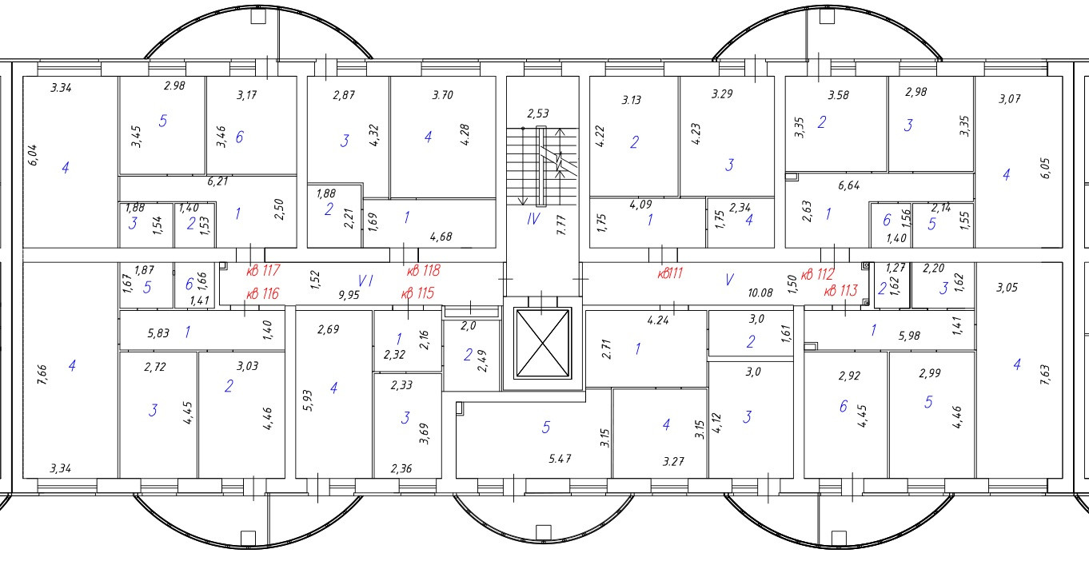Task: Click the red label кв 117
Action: (262, 272)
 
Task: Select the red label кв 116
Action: (262, 294)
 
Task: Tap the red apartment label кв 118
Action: (424, 272)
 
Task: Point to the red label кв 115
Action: (417, 294)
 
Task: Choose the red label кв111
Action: (670, 273)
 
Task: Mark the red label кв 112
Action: (817, 274)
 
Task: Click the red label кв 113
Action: (842, 291)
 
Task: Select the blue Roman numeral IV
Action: (533, 218)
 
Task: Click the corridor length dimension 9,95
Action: (349, 295)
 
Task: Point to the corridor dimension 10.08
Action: (760, 293)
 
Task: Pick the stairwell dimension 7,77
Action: (561, 224)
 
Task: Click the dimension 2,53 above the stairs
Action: (538, 114)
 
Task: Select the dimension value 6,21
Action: (216, 182)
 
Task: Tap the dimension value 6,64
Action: (848, 185)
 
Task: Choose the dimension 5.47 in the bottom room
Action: (560, 460)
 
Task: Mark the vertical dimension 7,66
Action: (43, 375)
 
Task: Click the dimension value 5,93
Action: (307, 399)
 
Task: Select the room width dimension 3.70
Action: (442, 95)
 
